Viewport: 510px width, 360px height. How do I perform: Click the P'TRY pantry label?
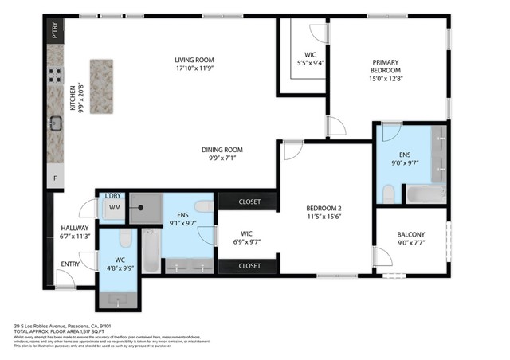(x=55, y=33)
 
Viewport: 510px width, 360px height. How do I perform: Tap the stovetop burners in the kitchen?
(x=56, y=76)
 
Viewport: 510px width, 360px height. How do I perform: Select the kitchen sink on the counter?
(x=56, y=123)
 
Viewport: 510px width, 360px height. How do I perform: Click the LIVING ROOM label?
(x=195, y=61)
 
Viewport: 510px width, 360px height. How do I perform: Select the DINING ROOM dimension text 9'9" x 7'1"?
(x=221, y=158)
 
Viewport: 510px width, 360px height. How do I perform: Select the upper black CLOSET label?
(x=249, y=202)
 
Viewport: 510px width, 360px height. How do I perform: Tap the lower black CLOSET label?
(x=249, y=265)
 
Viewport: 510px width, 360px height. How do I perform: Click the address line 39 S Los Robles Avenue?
(x=68, y=326)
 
